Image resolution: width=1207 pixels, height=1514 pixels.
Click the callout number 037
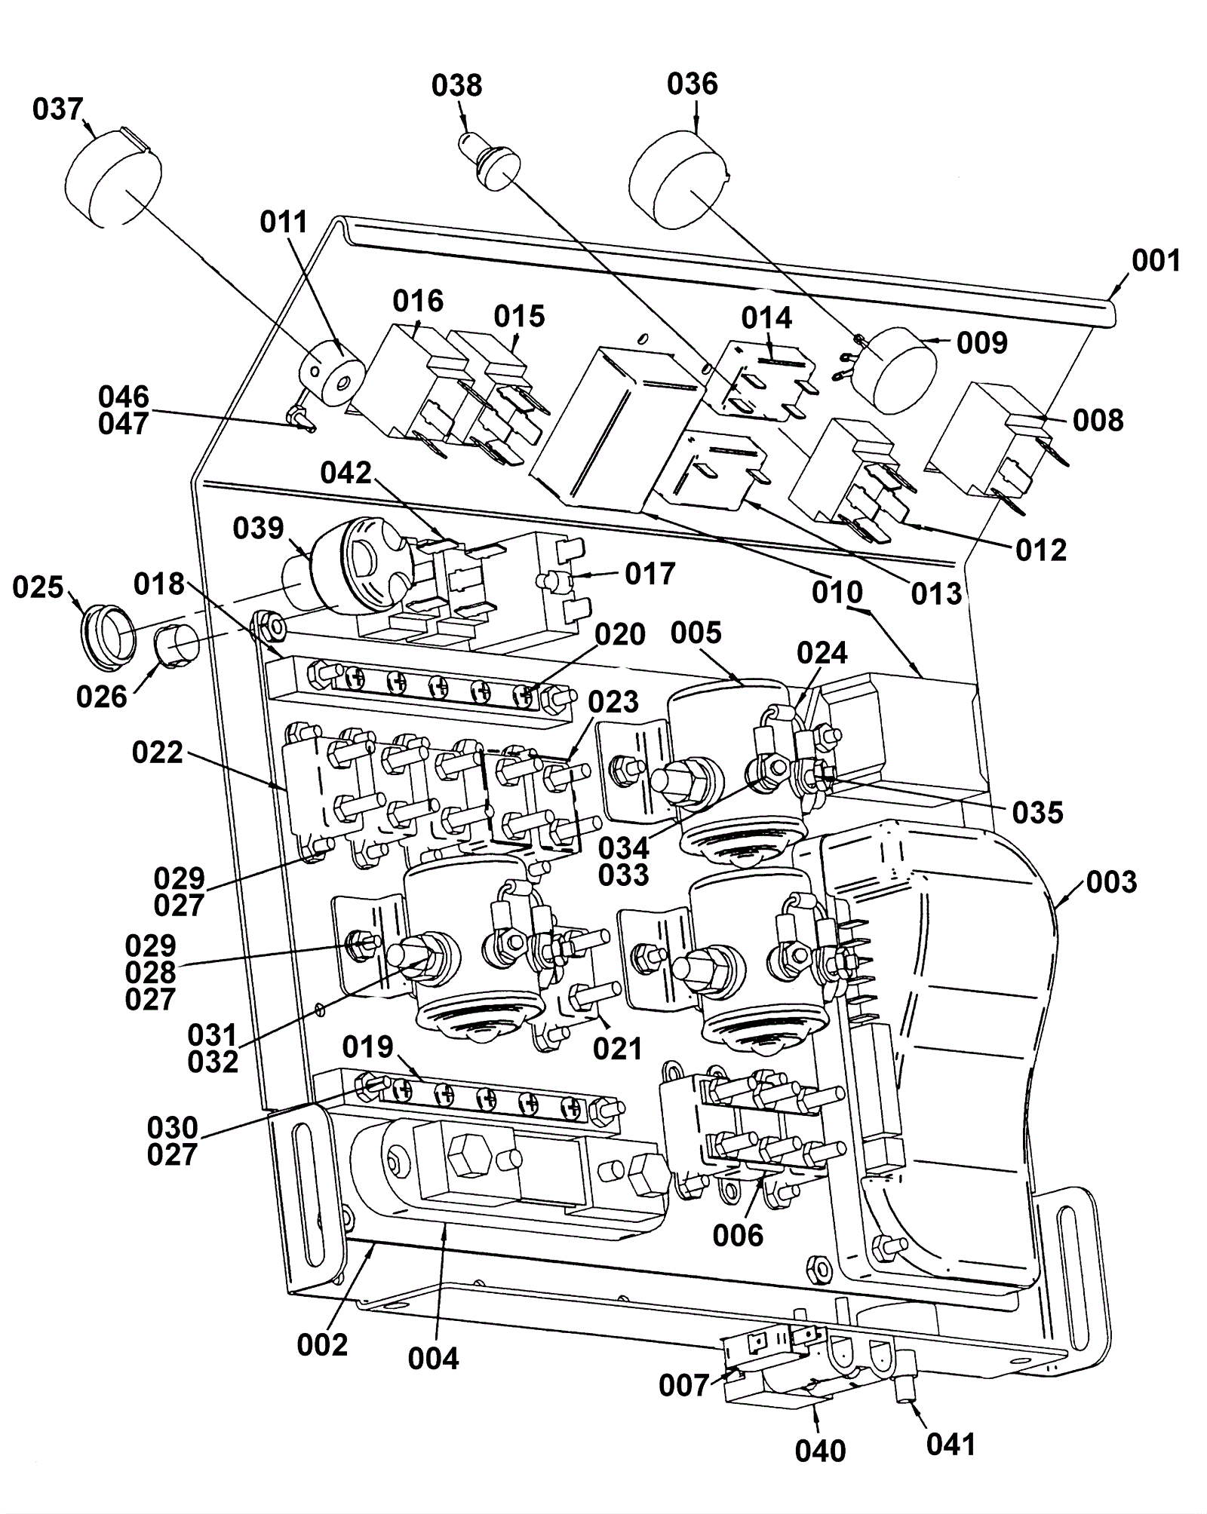click(x=57, y=109)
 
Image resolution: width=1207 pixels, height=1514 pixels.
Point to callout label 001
click(x=1156, y=261)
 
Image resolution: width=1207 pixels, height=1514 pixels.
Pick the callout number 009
click(x=982, y=343)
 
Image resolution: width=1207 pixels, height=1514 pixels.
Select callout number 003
click(x=1111, y=881)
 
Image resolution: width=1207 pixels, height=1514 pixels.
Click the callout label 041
click(x=951, y=1445)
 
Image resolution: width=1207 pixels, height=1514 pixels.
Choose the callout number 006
click(x=738, y=1235)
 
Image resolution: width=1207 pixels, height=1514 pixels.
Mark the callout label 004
click(x=434, y=1359)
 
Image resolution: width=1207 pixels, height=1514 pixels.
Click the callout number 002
click(x=322, y=1344)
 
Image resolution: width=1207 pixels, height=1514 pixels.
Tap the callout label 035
click(x=1037, y=813)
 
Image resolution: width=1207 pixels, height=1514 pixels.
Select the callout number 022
click(x=158, y=752)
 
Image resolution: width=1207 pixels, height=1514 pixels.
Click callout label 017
click(x=650, y=574)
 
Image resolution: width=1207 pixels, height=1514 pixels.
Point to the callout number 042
click(x=346, y=473)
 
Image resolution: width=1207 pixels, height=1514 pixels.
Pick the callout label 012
click(x=1041, y=550)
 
